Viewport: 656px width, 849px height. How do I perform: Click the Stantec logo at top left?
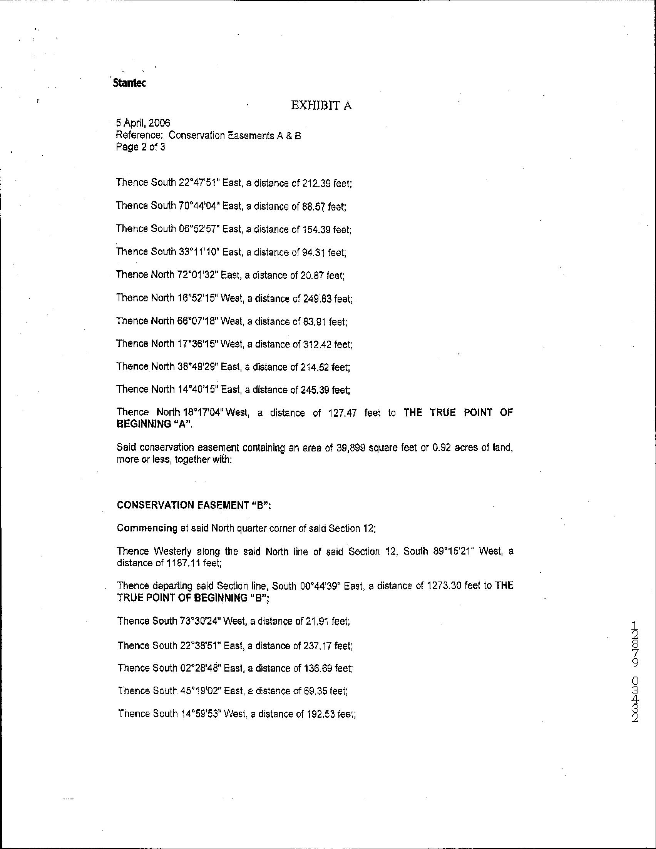pyautogui.click(x=129, y=83)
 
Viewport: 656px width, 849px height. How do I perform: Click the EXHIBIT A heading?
pyautogui.click(x=321, y=106)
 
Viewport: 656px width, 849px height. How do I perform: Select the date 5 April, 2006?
pyautogui.click(x=143, y=123)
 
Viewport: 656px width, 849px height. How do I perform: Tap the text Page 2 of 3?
pyautogui.click(x=141, y=147)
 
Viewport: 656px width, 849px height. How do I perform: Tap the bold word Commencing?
pyautogui.click(x=147, y=528)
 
